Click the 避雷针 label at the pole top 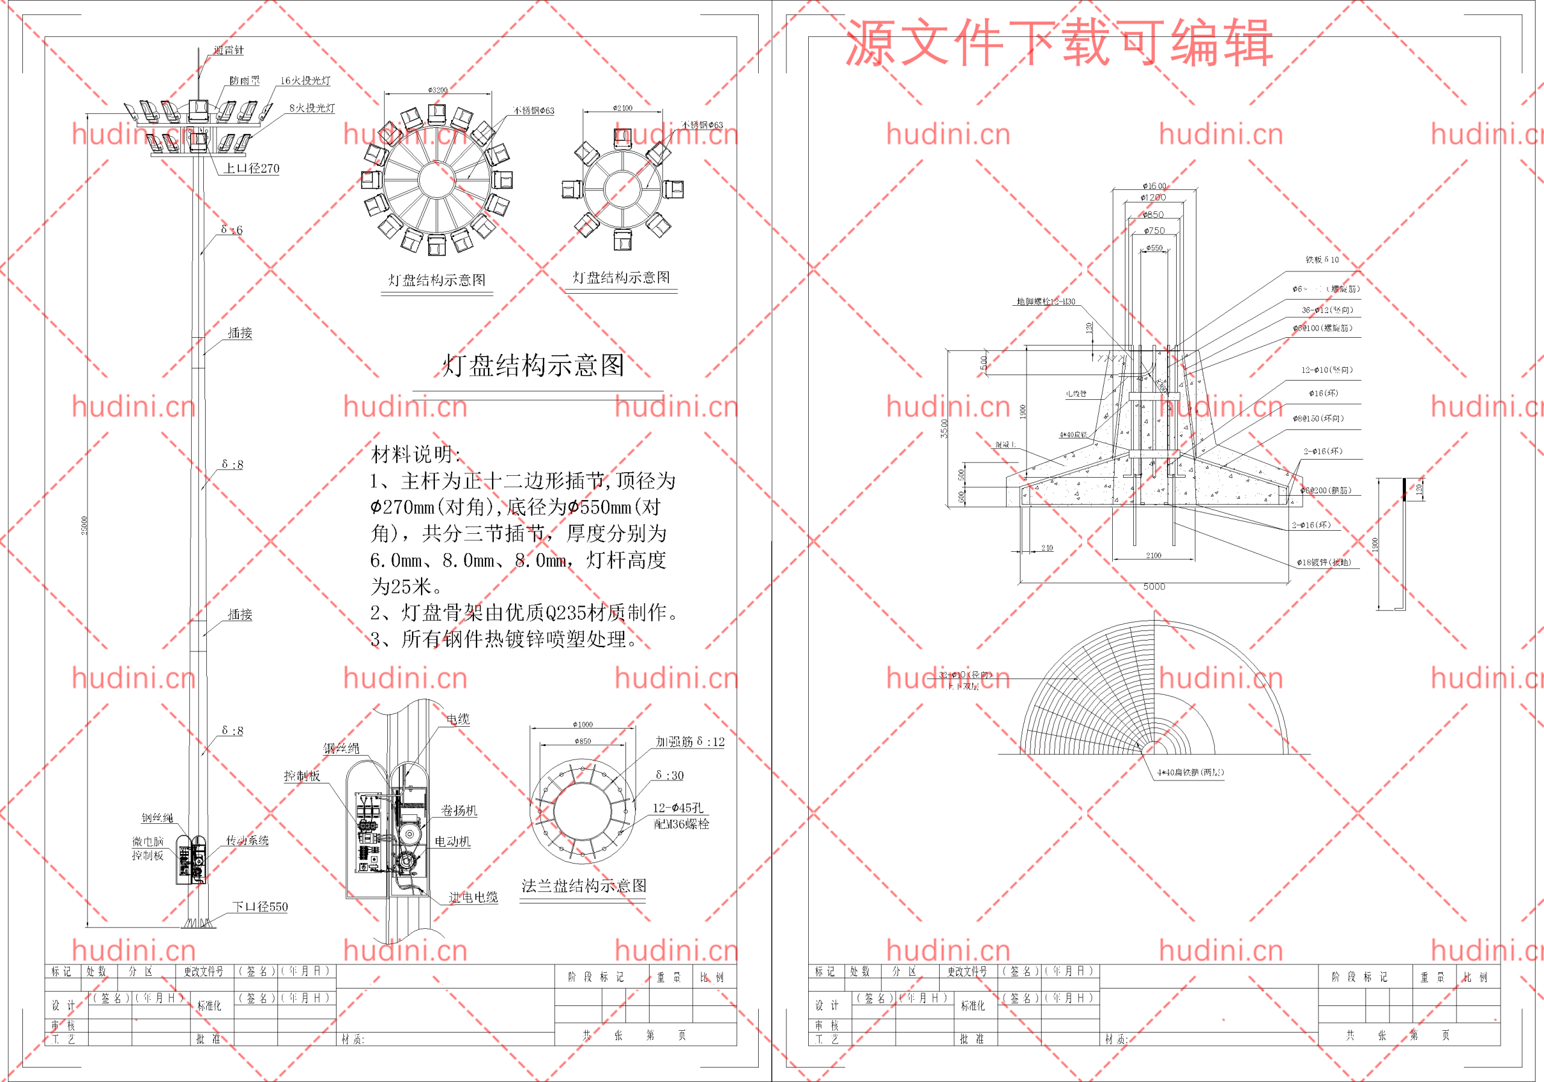click(229, 51)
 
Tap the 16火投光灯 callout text click(305, 81)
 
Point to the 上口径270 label click(252, 169)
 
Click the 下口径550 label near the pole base click(260, 907)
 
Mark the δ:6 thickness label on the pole click(232, 230)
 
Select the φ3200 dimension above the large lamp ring click(438, 90)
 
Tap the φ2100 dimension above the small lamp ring click(622, 107)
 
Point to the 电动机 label click(452, 842)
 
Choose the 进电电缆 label click(473, 897)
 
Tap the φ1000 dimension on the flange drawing click(583, 725)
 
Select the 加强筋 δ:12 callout click(691, 742)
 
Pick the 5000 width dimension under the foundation click(1154, 587)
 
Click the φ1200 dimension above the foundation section click(1153, 198)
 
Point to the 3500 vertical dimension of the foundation click(945, 428)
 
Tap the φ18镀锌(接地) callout click(1324, 563)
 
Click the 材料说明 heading click(416, 455)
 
